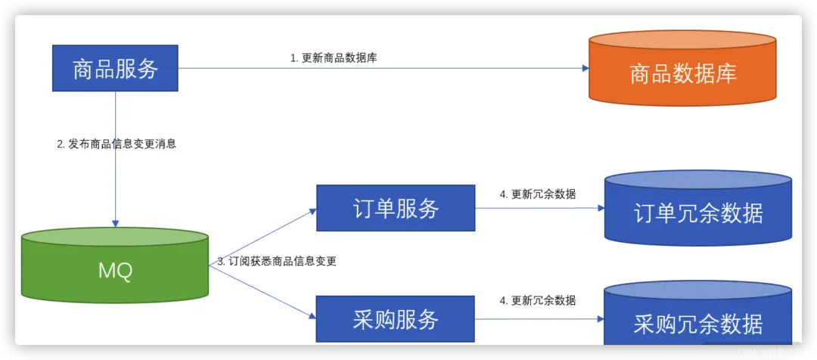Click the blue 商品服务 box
(115, 68)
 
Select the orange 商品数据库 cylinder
(683, 73)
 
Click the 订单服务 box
(396, 208)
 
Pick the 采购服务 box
(396, 319)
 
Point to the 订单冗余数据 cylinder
(697, 213)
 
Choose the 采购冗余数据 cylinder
(697, 324)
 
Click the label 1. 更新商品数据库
(334, 58)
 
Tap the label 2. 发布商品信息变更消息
(116, 144)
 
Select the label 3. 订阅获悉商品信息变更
(277, 262)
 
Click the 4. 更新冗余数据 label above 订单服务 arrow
(538, 194)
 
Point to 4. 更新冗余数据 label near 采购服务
(538, 301)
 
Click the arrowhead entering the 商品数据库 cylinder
(585, 68)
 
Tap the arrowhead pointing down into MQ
(115, 223)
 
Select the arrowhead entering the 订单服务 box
(312, 211)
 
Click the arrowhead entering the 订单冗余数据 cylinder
(600, 209)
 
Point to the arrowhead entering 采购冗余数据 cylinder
(600, 320)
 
